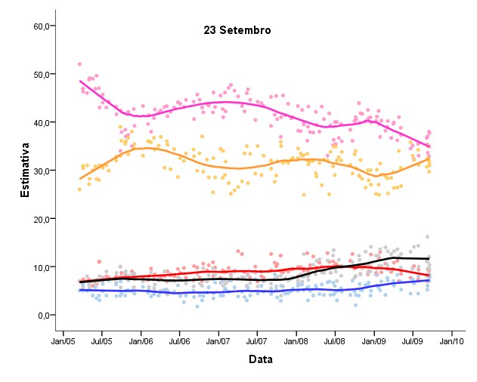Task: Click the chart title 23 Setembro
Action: [237, 30]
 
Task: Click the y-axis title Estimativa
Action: [25, 174]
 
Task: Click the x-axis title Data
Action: [261, 359]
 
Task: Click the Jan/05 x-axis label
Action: [63, 340]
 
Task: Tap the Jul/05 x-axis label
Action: [101, 340]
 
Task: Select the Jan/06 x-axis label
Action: [141, 340]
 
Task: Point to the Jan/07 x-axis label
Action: [218, 340]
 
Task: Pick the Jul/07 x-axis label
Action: [257, 340]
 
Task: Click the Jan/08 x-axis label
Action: [296, 340]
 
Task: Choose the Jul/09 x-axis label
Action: [413, 340]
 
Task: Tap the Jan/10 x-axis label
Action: [452, 340]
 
